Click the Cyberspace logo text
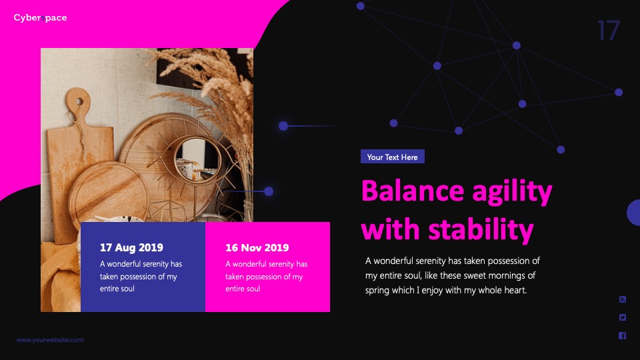tap(40, 17)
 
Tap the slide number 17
tap(609, 31)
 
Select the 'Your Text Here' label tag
tap(392, 157)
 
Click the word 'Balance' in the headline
tap(413, 191)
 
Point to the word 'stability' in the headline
tap(481, 229)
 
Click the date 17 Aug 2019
tap(131, 247)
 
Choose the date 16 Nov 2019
tap(257, 247)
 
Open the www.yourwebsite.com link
tap(50, 339)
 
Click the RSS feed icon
tap(623, 299)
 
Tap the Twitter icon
tap(623, 317)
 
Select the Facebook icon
tap(623, 335)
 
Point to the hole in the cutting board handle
tap(79, 101)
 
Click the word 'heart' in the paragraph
tap(516, 290)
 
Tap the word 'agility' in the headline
tap(512, 192)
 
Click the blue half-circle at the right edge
tap(633, 212)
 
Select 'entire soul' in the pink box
tap(243, 289)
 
